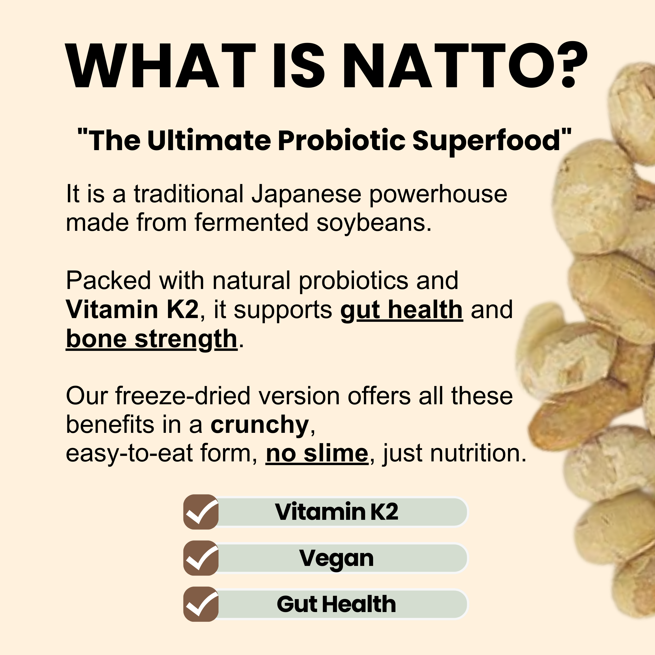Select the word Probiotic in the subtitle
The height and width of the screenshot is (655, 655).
point(341,140)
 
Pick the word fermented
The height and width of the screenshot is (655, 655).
point(252,223)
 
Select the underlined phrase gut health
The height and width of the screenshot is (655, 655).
point(401,310)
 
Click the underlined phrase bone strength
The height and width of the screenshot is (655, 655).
point(151,339)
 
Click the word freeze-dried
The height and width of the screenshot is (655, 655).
point(183,396)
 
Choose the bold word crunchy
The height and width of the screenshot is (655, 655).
point(260,425)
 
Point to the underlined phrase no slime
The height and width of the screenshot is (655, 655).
point(317,454)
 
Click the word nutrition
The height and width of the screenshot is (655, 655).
point(478,453)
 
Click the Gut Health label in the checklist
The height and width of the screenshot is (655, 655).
point(336,604)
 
